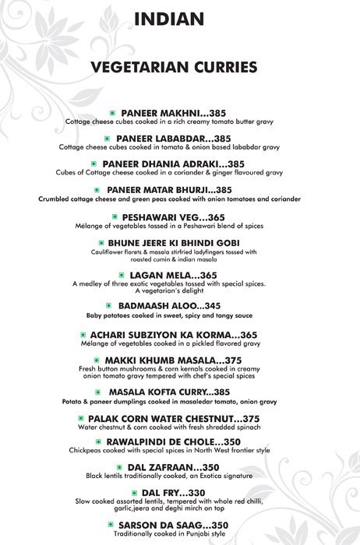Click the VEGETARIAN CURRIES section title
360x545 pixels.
click(x=175, y=67)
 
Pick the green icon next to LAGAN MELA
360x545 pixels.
click(x=121, y=276)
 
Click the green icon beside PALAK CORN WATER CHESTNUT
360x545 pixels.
click(x=79, y=419)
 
